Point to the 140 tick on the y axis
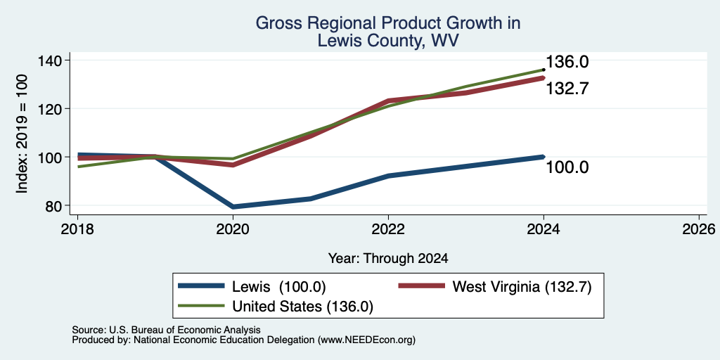coord(54,60)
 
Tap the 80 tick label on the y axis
coord(54,206)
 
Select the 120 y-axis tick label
coord(54,109)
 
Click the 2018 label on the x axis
coord(77,229)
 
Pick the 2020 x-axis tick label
coord(233,229)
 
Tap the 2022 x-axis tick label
coord(388,229)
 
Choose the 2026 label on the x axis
coord(699,229)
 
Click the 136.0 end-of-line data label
coord(567,62)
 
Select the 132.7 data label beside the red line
coord(567,88)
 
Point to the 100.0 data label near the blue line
coord(567,167)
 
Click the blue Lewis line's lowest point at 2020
coord(233,207)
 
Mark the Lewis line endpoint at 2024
coord(544,157)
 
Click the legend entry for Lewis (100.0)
coord(252,287)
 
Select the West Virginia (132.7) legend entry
coord(495,287)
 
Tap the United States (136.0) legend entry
coord(276,307)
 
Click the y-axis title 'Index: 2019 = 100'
coord(22,134)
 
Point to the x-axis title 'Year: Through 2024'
coord(388,259)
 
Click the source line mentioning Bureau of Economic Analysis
coord(166,330)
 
